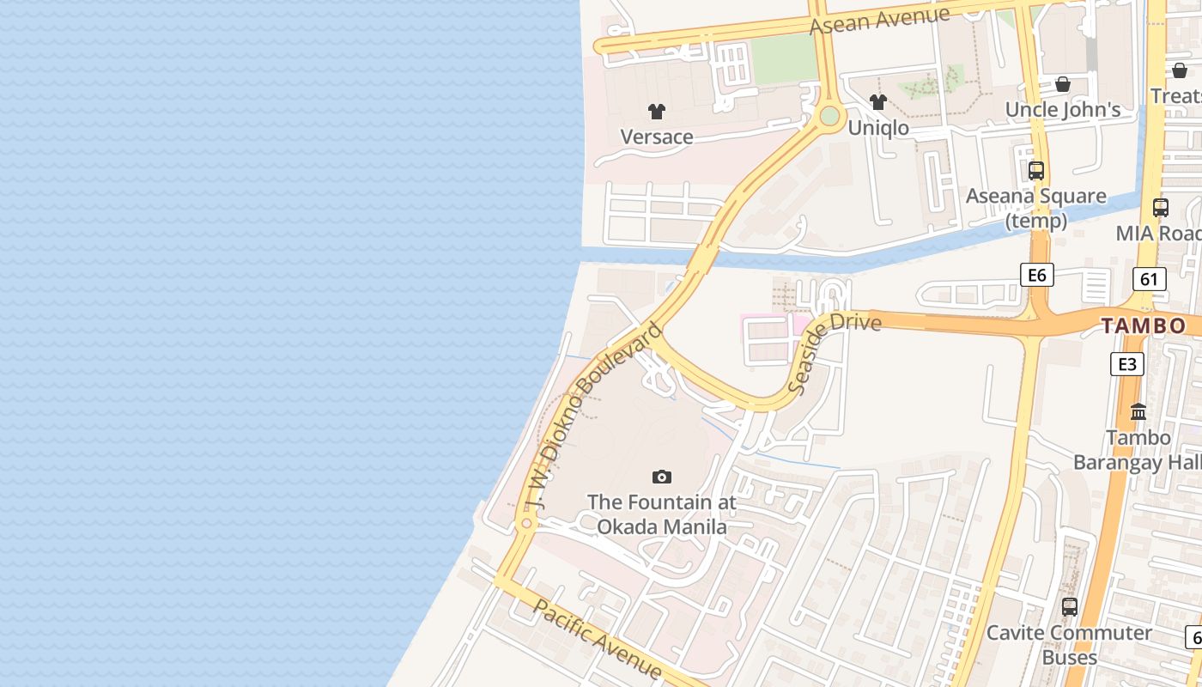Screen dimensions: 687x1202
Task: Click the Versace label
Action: [x=657, y=137]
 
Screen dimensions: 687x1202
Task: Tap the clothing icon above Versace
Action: [x=657, y=111]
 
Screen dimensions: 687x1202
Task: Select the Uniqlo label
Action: [x=877, y=128]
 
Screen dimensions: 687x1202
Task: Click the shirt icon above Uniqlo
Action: [x=877, y=102]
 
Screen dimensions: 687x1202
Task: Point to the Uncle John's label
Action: [x=1063, y=110]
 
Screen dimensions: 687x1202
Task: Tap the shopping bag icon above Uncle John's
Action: [x=1063, y=84]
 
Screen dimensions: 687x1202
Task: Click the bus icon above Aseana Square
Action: [x=1036, y=170]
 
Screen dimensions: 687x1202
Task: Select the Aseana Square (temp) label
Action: [x=1036, y=208]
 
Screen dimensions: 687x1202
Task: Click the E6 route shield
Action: [x=1036, y=275]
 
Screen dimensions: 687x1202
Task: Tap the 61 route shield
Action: [x=1150, y=278]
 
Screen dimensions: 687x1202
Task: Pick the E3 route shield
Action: [x=1126, y=364]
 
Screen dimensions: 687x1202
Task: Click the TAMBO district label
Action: [x=1144, y=325]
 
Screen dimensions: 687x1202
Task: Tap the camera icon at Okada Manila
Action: [x=661, y=477]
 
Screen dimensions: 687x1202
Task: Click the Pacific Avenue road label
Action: [x=598, y=641]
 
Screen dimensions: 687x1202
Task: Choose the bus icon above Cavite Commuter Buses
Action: [x=1070, y=606]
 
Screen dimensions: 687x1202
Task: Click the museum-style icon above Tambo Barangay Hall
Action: [x=1138, y=411]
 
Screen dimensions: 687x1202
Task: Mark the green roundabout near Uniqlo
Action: [x=829, y=116]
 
